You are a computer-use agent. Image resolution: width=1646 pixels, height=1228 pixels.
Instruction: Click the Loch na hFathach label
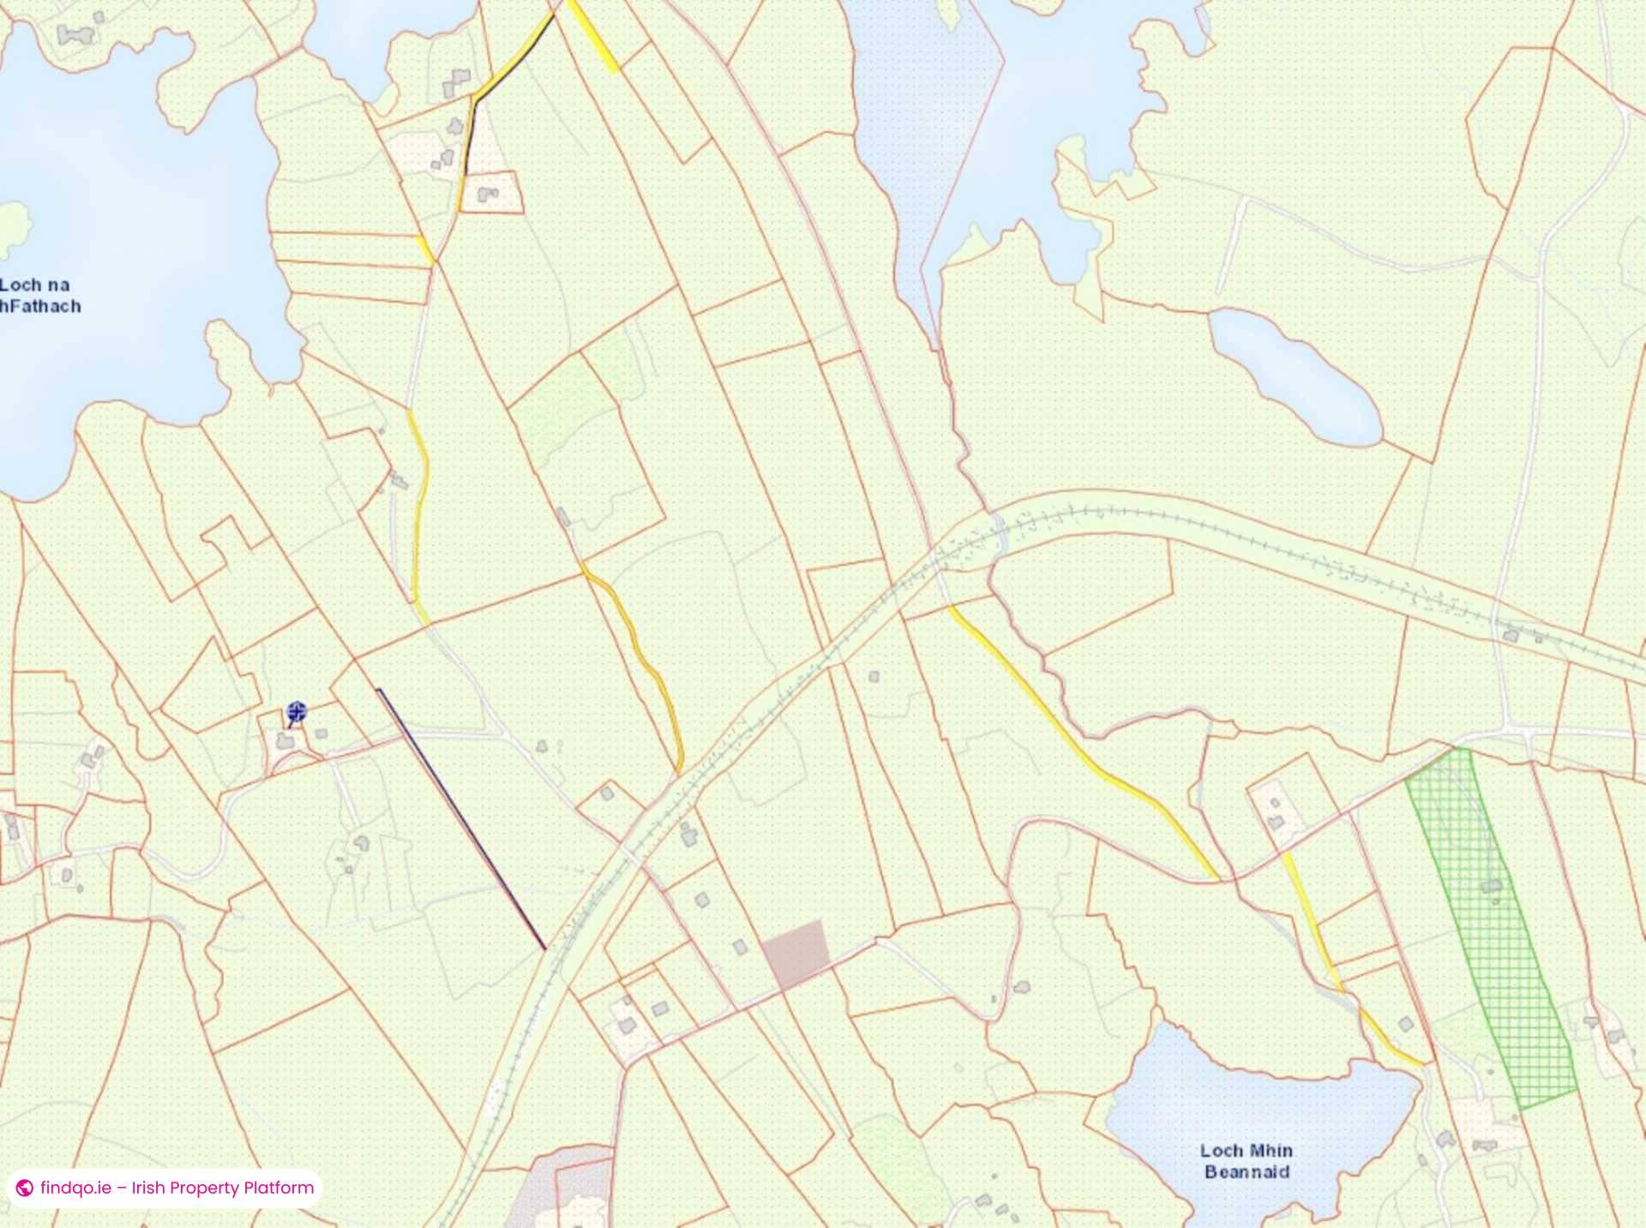click(x=39, y=295)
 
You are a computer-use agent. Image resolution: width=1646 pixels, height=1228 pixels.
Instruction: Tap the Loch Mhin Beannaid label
click(x=1247, y=1161)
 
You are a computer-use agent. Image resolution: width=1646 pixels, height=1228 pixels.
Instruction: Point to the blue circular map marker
click(x=297, y=711)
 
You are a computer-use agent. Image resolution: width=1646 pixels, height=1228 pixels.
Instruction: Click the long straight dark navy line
click(x=461, y=819)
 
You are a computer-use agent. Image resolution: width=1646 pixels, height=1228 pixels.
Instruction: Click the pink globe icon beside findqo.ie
click(x=25, y=1189)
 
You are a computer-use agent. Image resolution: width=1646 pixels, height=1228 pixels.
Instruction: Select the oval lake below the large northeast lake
click(x=1295, y=377)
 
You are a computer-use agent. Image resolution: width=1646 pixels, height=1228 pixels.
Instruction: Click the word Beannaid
click(x=1247, y=1172)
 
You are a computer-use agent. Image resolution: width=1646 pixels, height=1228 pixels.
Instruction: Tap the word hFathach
click(x=41, y=306)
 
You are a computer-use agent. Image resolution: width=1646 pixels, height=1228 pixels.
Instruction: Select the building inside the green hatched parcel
click(x=1493, y=886)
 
